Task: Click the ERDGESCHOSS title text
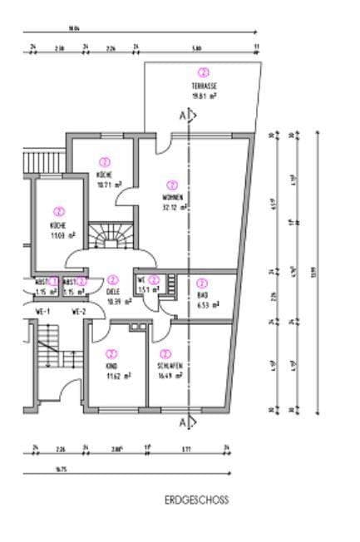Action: pos(196,500)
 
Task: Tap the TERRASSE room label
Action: pos(204,86)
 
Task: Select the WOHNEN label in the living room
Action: pos(173,197)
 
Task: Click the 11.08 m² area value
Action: pos(60,235)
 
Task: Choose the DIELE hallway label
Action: pos(113,292)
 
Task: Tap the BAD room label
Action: pos(202,294)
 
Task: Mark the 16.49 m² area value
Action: pos(169,375)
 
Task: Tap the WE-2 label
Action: pos(79,312)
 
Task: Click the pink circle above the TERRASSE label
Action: pos(204,72)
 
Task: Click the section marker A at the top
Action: pos(183,117)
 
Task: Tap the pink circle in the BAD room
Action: pos(202,283)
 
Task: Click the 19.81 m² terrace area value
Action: pos(204,96)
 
